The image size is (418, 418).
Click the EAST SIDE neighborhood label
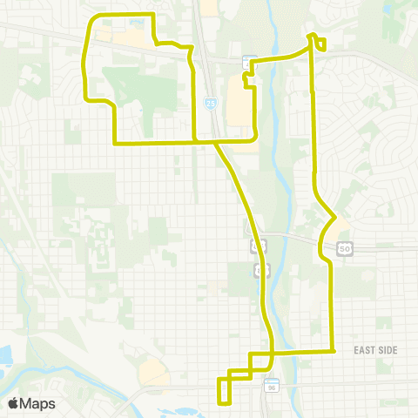tap(375, 350)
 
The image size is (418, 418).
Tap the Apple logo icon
tap(15, 403)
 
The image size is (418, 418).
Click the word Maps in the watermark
tap(39, 403)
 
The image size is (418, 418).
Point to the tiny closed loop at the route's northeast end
tap(320, 44)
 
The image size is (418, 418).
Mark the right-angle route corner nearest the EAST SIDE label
tap(334, 350)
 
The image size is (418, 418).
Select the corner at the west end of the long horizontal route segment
tap(114, 142)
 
